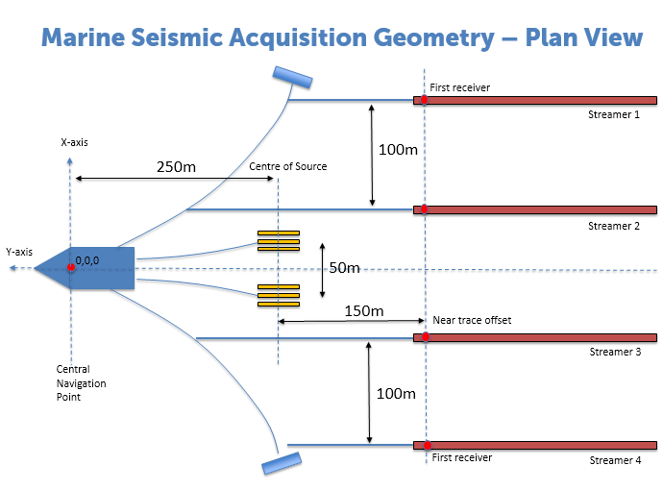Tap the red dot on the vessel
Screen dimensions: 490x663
point(71,267)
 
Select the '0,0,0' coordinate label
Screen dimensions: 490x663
point(88,260)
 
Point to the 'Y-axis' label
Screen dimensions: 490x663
point(19,252)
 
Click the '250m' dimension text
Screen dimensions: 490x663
point(176,166)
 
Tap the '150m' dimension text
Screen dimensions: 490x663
point(364,311)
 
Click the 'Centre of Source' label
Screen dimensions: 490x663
point(288,166)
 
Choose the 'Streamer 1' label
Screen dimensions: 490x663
point(614,114)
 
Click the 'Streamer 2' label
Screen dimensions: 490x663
point(614,226)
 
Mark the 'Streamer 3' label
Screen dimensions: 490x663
point(615,352)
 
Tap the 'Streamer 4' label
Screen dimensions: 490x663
point(615,460)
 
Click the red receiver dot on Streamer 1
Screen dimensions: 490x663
point(424,100)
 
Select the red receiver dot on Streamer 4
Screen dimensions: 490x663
point(424,446)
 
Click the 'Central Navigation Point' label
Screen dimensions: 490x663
point(81,383)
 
